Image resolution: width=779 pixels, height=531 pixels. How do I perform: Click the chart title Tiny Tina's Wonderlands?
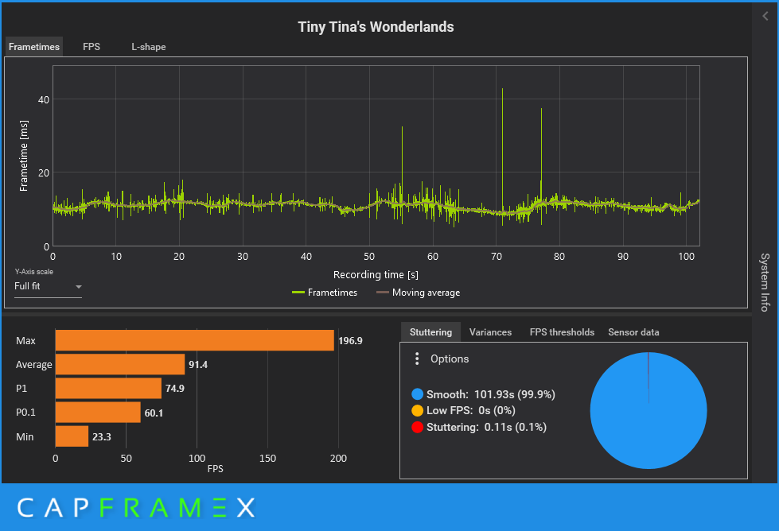coord(376,27)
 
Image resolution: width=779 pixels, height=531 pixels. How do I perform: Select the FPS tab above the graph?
coord(92,47)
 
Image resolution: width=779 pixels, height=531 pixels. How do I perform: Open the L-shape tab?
coord(149,47)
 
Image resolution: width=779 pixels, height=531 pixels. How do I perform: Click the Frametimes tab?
coord(34,47)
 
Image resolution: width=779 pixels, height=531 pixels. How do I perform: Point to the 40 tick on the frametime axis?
coord(44,99)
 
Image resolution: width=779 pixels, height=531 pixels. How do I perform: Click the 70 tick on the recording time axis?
coord(497,257)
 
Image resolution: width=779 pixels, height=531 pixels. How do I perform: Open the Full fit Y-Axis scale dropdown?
coord(48,286)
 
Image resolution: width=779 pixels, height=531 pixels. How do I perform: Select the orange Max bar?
coord(194,340)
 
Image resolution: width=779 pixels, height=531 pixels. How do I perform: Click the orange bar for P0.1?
coord(97,413)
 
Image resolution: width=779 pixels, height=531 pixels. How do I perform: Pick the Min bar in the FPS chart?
coord(72,436)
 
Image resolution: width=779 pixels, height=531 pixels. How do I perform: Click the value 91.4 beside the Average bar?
coord(198,365)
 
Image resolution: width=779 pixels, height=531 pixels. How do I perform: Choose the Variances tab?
coord(490,332)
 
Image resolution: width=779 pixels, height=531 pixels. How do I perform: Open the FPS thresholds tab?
coord(562,332)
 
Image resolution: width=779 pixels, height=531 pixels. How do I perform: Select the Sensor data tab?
coord(633,332)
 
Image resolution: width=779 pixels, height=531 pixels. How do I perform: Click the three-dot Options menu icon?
coord(417,359)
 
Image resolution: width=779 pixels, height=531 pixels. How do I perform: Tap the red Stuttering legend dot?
coord(417,428)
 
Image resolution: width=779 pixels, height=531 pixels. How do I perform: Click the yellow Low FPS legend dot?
coord(417,411)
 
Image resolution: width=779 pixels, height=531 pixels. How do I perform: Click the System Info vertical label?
coord(764,281)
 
